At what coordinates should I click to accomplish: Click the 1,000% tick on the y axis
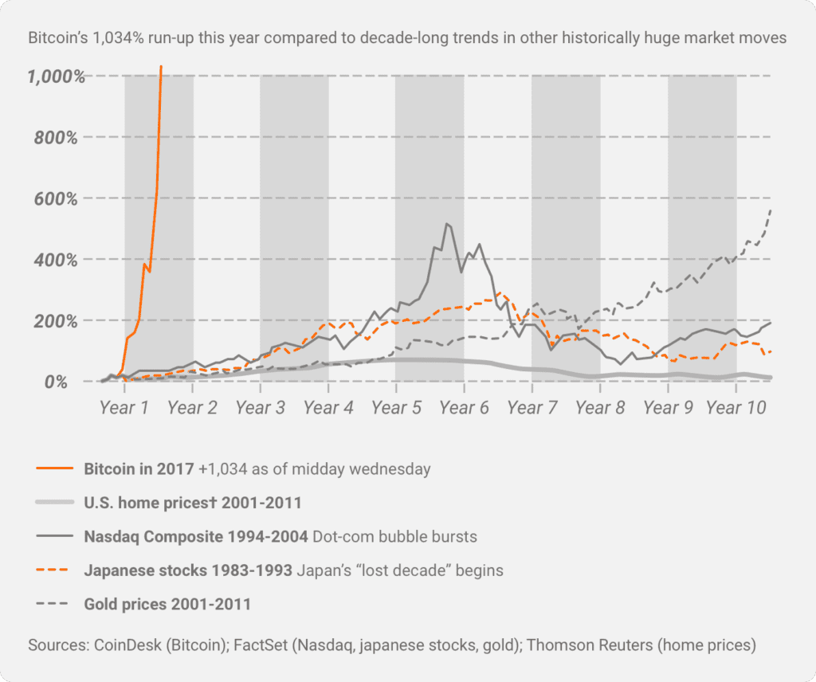(56, 77)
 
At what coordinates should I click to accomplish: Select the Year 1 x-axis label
(124, 408)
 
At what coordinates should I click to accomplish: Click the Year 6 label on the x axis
(463, 408)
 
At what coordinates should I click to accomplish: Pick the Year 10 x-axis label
(736, 408)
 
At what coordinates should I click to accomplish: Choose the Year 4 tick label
(328, 408)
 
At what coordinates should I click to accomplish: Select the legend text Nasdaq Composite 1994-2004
(196, 536)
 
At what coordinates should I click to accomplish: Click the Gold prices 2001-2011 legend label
(167, 604)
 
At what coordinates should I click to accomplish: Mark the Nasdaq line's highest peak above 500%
(447, 224)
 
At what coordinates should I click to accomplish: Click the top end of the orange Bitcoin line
(162, 67)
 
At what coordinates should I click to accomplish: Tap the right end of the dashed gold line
(771, 209)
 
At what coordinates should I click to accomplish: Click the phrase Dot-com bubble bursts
(395, 536)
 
